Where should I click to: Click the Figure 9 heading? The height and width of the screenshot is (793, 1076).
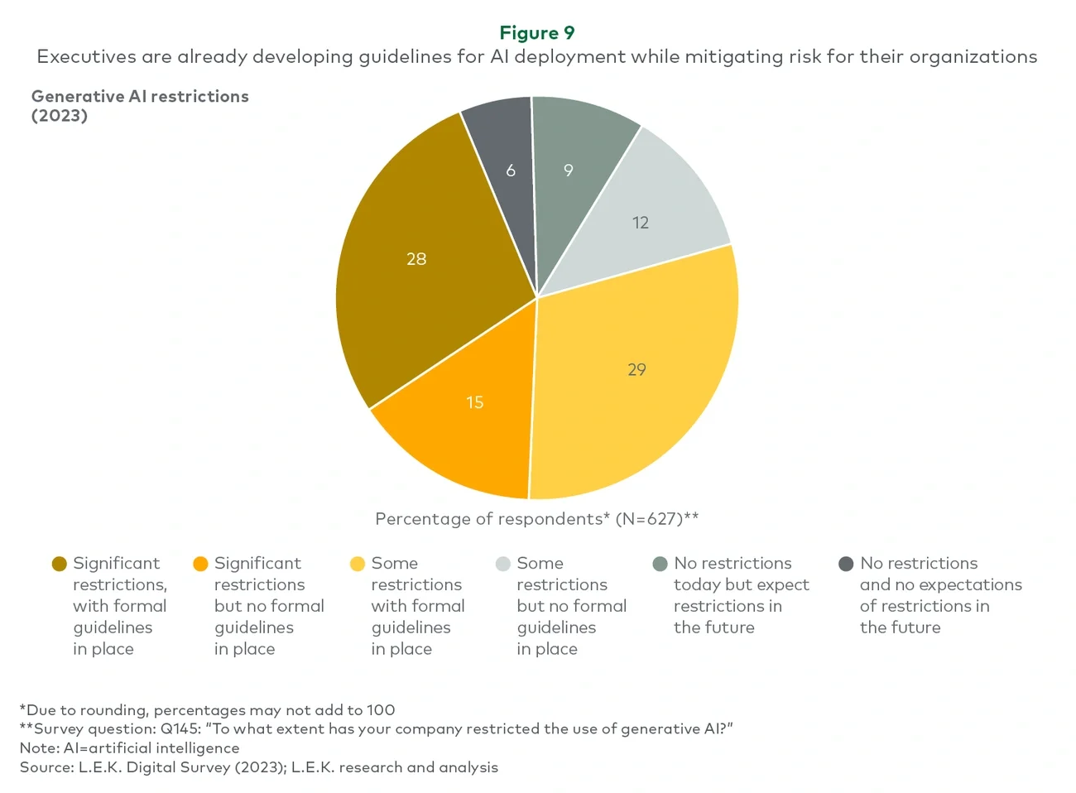click(x=536, y=33)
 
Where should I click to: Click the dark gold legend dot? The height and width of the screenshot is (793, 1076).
click(x=59, y=564)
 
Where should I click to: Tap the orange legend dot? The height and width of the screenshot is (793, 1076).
click(x=200, y=564)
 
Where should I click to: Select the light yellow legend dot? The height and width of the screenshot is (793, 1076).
click(x=358, y=564)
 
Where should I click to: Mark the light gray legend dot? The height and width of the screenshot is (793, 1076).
click(x=502, y=564)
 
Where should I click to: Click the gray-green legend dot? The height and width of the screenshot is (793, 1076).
click(x=660, y=564)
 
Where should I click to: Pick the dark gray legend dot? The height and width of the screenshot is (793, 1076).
click(x=846, y=564)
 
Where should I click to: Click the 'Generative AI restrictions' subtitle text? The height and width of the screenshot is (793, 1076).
click(x=140, y=96)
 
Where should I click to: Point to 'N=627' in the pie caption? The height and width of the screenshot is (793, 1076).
click(x=651, y=519)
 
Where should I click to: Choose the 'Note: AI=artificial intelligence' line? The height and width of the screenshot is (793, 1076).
click(x=129, y=748)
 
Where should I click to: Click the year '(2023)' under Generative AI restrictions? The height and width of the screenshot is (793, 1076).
click(x=60, y=116)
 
